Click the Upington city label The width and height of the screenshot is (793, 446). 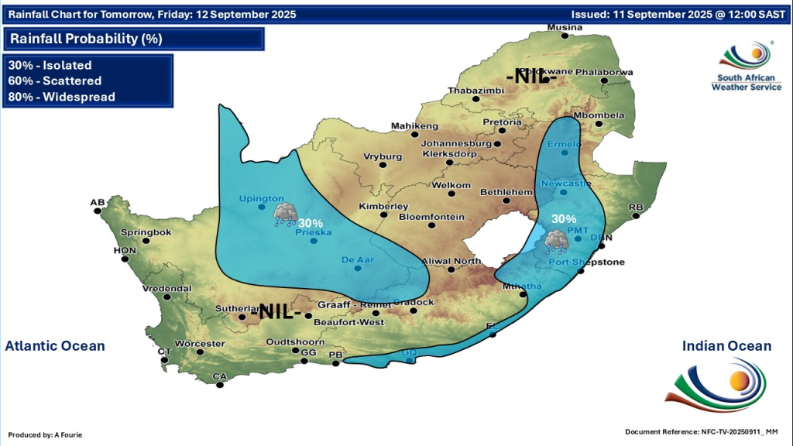[x=260, y=199]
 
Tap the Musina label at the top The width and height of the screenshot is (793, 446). [x=564, y=28]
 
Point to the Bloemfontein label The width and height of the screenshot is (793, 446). [x=431, y=217]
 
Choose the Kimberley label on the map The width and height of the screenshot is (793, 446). [x=383, y=207]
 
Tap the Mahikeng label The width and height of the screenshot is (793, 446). [x=414, y=126]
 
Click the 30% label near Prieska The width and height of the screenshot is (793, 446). [x=311, y=223]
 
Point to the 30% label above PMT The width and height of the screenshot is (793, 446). [x=564, y=219]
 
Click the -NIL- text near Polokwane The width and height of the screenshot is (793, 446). [x=531, y=77]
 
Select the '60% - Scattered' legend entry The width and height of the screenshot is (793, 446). [x=55, y=81]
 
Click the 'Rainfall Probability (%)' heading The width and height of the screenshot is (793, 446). [x=86, y=39]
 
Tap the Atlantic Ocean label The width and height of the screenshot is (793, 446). [x=55, y=346]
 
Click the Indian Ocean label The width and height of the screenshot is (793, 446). [x=726, y=346]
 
